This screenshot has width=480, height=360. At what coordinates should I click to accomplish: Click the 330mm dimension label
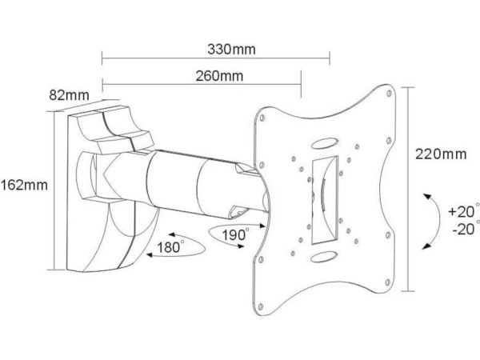pos(231,50)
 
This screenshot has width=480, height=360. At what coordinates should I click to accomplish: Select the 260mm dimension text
pos(219,76)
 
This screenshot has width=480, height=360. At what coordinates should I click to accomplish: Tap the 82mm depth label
pos(69,95)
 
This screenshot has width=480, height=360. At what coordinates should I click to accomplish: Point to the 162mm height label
pos(24,186)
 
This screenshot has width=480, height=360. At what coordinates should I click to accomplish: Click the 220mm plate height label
pos(441,154)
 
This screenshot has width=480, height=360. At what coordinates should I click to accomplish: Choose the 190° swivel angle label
pos(234,234)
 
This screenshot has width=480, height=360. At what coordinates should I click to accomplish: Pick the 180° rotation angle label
pos(170,246)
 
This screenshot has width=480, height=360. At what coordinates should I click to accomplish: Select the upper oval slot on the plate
pos(325,143)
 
